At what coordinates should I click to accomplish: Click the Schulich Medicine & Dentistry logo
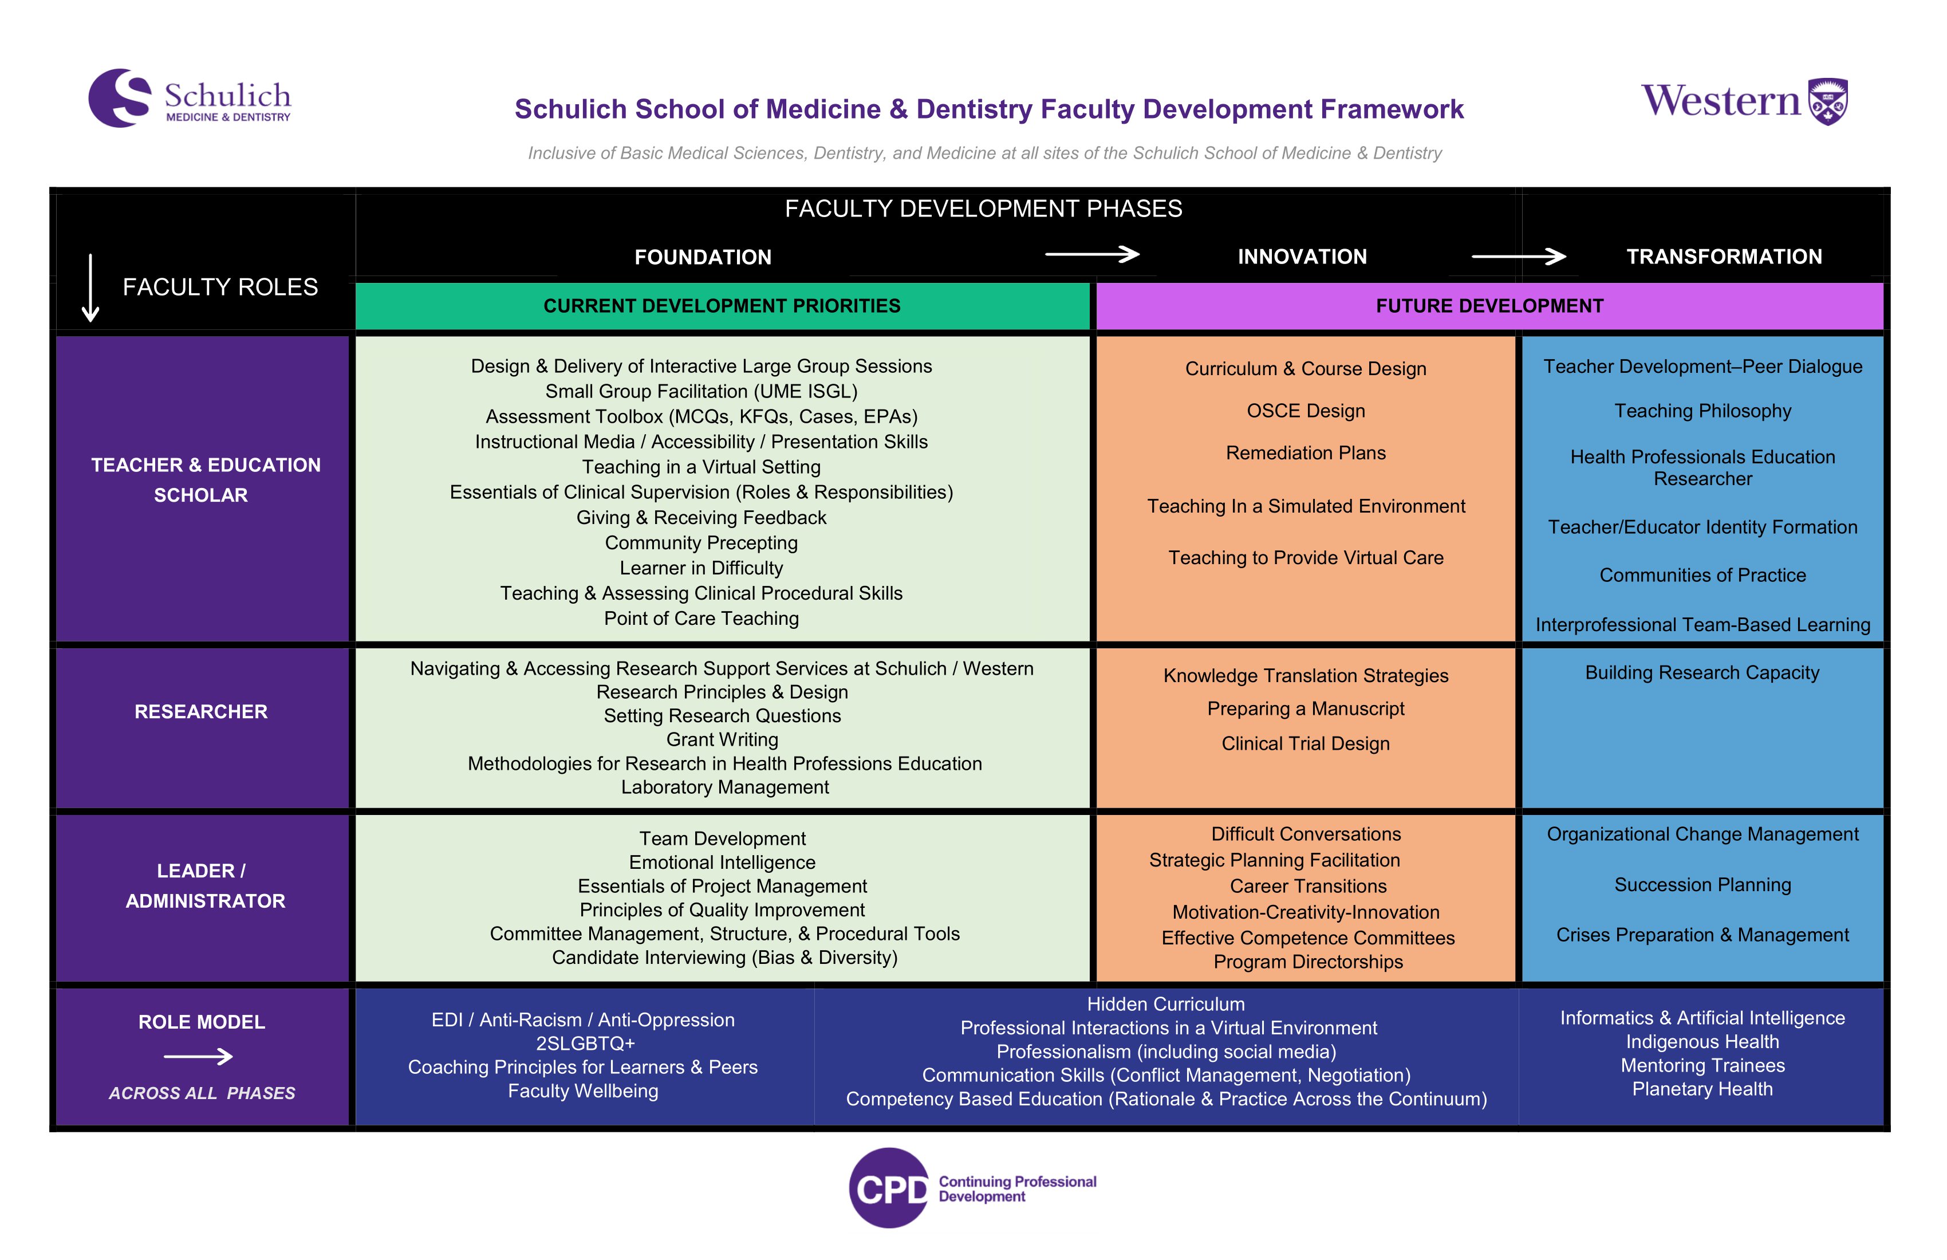coord(190,98)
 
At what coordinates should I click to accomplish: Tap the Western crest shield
coord(1827,101)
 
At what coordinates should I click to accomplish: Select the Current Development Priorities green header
coord(722,306)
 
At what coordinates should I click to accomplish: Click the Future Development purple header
coord(1489,306)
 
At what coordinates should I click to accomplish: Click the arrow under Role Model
coord(199,1057)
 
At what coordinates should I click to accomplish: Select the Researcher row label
coord(201,712)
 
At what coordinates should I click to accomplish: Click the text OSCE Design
coord(1306,411)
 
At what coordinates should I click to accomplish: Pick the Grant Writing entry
coord(722,739)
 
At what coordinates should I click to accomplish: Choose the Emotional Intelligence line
coord(722,863)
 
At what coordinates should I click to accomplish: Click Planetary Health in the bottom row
coord(1702,1089)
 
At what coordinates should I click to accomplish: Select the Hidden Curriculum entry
coord(1166,1004)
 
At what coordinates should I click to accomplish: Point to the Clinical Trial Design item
coord(1306,744)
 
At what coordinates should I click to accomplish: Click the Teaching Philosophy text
coord(1702,411)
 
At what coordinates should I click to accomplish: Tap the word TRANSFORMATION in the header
coord(1724,257)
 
